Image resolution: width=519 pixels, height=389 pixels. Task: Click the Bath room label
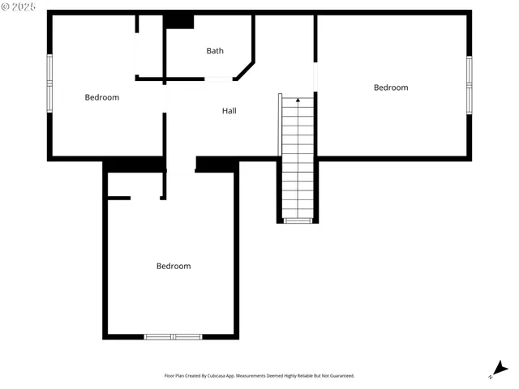[215, 51]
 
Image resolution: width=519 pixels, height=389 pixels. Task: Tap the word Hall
[229, 110]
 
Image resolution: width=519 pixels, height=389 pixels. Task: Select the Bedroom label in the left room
[102, 97]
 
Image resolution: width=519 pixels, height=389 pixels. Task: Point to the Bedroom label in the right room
[391, 88]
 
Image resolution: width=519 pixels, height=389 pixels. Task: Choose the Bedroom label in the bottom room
[174, 266]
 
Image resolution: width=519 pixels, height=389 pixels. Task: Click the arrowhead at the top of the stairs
[298, 100]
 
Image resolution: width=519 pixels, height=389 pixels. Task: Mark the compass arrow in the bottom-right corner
[500, 369]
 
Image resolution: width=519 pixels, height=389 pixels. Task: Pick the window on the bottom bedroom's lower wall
[174, 336]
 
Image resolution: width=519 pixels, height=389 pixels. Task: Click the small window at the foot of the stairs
[298, 220]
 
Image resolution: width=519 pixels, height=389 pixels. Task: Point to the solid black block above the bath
[179, 21]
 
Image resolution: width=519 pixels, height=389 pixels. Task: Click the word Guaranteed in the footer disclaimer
[341, 376]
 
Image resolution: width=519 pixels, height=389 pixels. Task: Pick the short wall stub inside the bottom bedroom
[118, 197]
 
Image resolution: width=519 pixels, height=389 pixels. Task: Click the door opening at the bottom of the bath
[219, 79]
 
